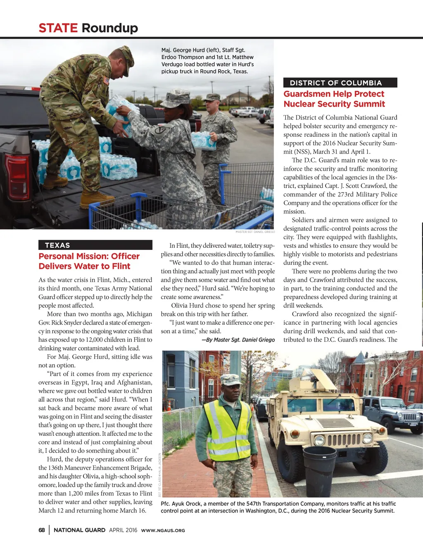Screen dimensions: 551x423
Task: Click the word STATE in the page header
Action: tap(58, 28)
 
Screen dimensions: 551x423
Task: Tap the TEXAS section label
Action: tap(57, 245)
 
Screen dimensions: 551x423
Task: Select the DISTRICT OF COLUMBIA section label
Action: tap(335, 83)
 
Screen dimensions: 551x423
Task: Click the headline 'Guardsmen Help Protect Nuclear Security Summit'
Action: tap(334, 99)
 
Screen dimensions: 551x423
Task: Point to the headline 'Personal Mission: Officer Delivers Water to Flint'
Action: tap(89, 261)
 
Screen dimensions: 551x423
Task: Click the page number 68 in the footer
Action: tap(42, 530)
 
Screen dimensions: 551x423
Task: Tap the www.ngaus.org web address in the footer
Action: tap(163, 530)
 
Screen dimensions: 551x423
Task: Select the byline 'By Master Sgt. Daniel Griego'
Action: tap(238, 340)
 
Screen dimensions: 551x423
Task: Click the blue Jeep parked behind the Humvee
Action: tap(390, 413)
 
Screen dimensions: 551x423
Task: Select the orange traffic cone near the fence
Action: tap(169, 406)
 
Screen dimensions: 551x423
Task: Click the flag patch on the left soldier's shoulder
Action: tap(106, 81)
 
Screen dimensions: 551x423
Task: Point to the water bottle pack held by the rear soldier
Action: tap(203, 140)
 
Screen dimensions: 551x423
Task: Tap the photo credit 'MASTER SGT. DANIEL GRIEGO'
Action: tap(255, 232)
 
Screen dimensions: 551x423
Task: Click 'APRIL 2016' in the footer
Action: tap(123, 530)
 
